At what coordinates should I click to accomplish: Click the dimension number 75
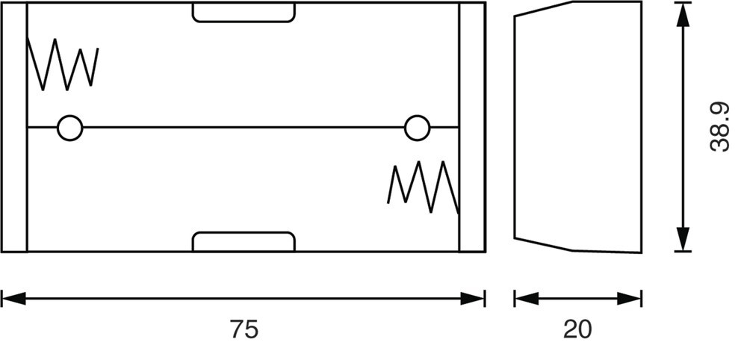pyautogui.click(x=244, y=329)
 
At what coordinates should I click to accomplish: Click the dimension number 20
pyautogui.click(x=577, y=329)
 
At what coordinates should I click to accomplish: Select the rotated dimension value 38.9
pyautogui.click(x=719, y=127)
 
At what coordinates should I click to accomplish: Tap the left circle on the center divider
pyautogui.click(x=70, y=128)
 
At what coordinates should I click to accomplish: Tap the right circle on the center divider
pyautogui.click(x=418, y=128)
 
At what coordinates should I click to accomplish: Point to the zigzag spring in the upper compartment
pyautogui.click(x=63, y=66)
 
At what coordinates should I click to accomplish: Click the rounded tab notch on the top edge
pyautogui.click(x=244, y=12)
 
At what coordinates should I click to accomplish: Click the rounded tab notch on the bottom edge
pyautogui.click(x=244, y=242)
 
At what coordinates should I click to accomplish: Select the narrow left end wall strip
pyautogui.click(x=14, y=127)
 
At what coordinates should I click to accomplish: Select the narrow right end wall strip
pyautogui.click(x=471, y=127)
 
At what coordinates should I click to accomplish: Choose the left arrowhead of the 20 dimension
pyautogui.click(x=526, y=299)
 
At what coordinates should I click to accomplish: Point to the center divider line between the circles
pyautogui.click(x=244, y=128)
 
